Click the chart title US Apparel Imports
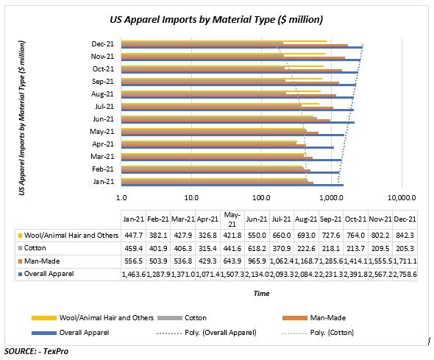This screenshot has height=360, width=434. tap(216, 18)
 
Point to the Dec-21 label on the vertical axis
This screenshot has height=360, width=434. tap(102, 43)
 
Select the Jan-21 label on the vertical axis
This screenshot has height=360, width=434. tap(102, 181)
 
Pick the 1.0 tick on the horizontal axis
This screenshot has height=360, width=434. tap(121, 198)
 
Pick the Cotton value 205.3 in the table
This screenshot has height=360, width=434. tap(405, 248)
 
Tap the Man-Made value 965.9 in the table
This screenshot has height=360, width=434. tap(257, 261)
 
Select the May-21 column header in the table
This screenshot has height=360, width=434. tap(232, 219)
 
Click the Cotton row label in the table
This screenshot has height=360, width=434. tap(37, 248)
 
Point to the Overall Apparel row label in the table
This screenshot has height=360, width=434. tap(49, 273)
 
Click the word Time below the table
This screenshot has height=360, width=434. tap(262, 293)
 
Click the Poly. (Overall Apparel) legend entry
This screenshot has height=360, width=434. tap(221, 333)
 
